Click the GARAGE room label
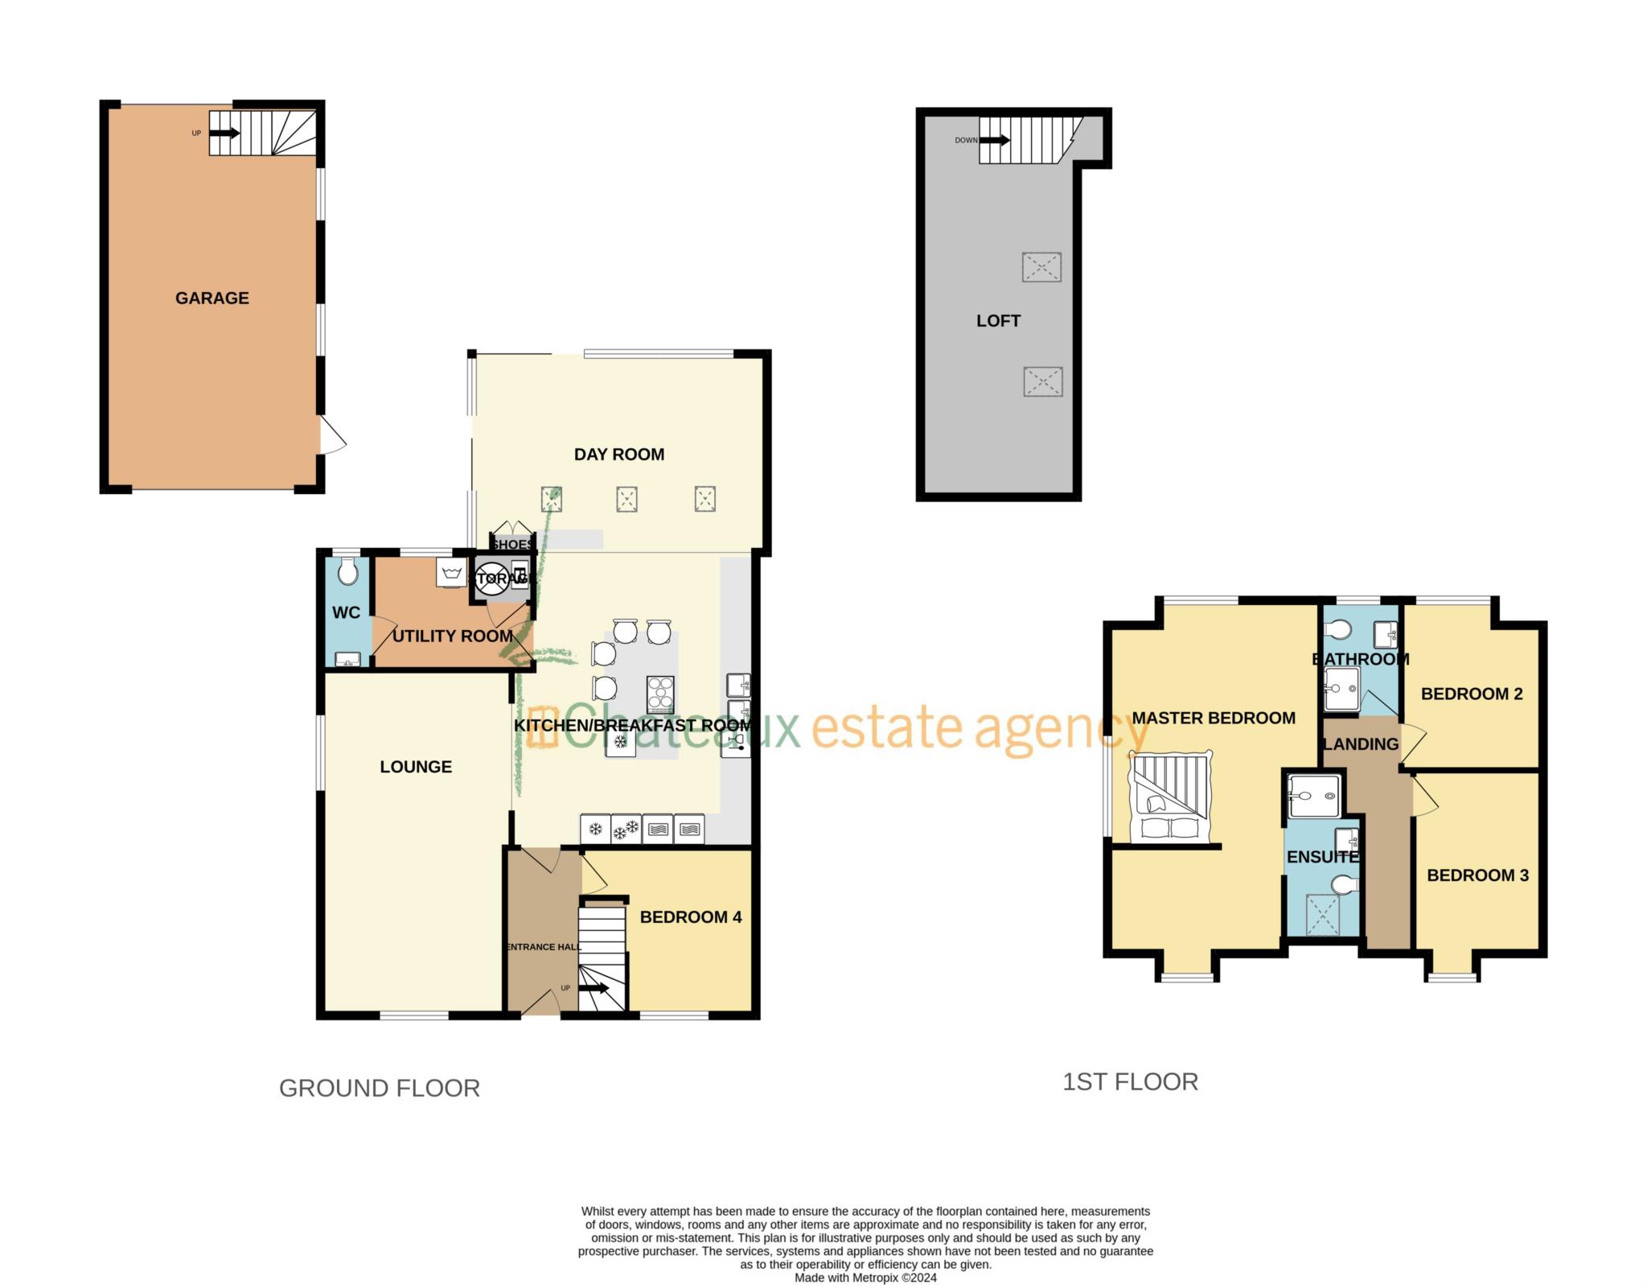[x=212, y=298]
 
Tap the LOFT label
[x=998, y=320]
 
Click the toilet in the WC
[x=347, y=572]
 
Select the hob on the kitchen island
[x=660, y=694]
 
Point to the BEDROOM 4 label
[x=690, y=916]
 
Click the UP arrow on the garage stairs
[x=224, y=133]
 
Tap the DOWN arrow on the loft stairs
[x=995, y=140]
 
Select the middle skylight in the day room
[x=626, y=499]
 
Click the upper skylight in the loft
[x=1041, y=267]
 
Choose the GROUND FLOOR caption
[x=379, y=1088]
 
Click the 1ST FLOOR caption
[x=1130, y=1081]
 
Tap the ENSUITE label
[x=1322, y=857]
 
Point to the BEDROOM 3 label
[x=1477, y=875]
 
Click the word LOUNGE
[x=416, y=766]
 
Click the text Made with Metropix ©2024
[x=865, y=1277]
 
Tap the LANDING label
[x=1361, y=743]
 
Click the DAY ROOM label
[x=618, y=454]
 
